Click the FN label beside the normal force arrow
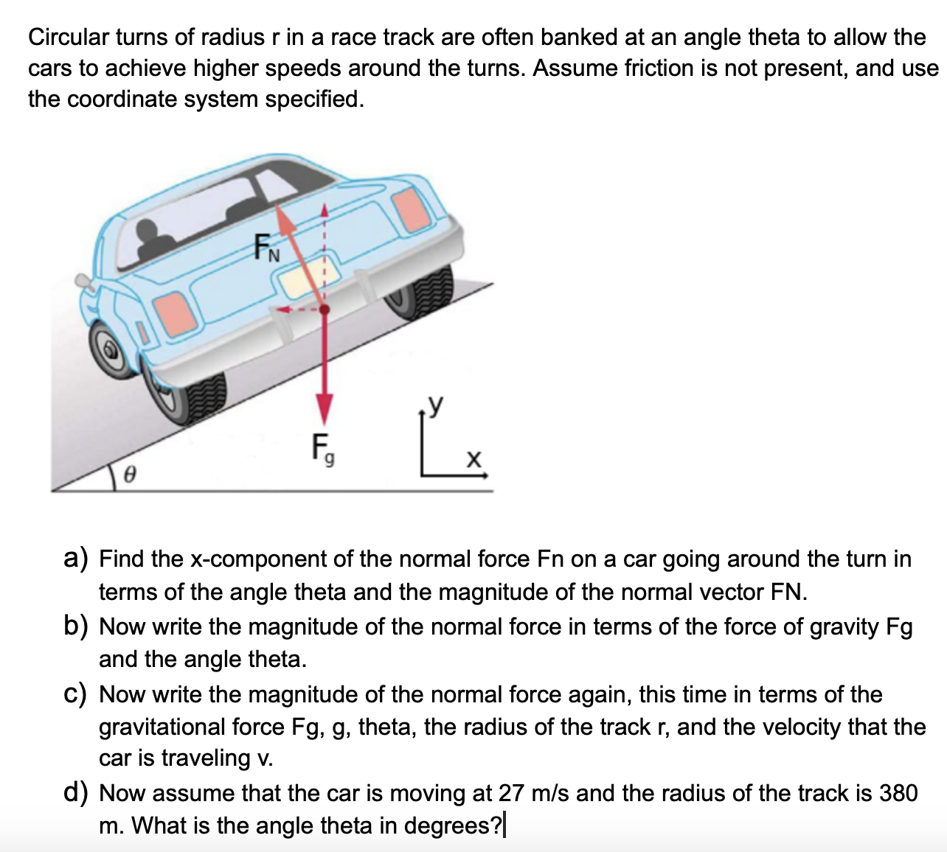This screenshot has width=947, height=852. tap(267, 247)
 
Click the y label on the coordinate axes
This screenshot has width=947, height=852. tap(437, 403)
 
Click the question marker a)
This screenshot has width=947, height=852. tap(75, 559)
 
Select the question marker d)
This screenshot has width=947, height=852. tap(75, 793)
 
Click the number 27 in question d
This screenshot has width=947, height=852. tap(511, 793)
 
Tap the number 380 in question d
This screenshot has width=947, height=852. tap(898, 793)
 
